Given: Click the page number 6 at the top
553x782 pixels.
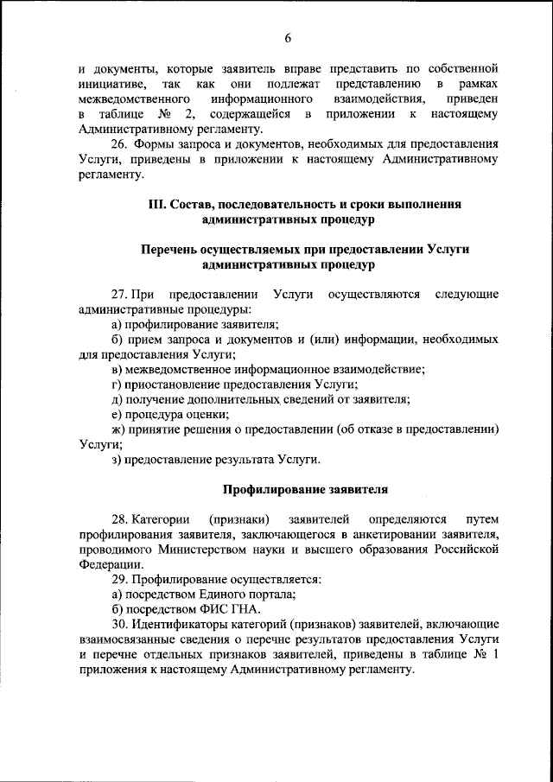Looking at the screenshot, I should [288, 36].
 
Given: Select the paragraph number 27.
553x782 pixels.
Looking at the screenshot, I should [121, 295].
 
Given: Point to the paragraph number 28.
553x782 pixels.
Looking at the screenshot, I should [121, 519].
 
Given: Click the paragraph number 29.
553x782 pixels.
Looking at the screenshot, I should [121, 578].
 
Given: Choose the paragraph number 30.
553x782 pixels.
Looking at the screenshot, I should [121, 623].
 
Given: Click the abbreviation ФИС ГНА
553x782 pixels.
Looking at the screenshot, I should [218, 608].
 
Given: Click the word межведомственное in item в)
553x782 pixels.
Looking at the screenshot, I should [176, 370].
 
